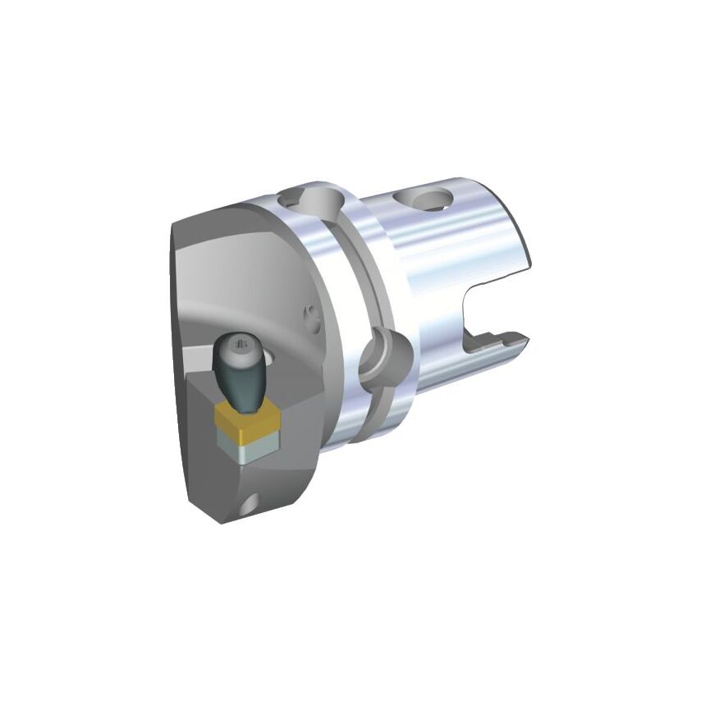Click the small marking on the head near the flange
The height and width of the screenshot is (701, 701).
point(309,314)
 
